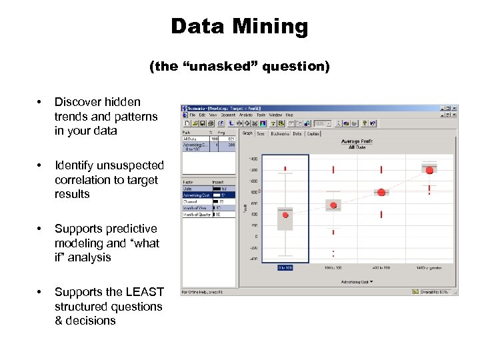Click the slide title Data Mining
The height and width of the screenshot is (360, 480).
click(x=239, y=27)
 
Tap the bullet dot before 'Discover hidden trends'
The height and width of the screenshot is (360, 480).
click(x=42, y=102)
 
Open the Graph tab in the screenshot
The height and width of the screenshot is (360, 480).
click(x=247, y=133)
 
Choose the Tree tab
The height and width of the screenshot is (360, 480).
click(x=261, y=133)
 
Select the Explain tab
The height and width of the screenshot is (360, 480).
click(x=313, y=133)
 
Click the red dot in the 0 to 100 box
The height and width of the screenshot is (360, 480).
click(x=285, y=215)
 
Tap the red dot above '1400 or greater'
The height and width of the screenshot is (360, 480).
click(x=429, y=171)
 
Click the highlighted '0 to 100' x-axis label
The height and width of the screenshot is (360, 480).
click(x=285, y=267)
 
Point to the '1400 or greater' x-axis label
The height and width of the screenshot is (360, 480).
click(x=430, y=267)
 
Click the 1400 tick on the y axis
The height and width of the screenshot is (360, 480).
click(x=253, y=159)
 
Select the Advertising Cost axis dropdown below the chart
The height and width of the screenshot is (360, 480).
click(x=357, y=282)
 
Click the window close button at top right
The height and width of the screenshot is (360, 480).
click(x=455, y=108)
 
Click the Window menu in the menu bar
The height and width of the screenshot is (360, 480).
click(x=275, y=115)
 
